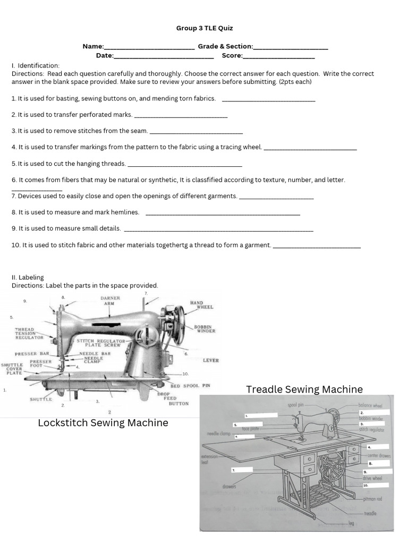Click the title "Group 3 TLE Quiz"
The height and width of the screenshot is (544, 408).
(205, 28)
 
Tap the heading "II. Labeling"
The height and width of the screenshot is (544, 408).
(28, 277)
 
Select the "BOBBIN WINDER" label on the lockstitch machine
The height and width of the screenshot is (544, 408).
(205, 329)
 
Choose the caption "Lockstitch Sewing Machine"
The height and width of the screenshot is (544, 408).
(103, 423)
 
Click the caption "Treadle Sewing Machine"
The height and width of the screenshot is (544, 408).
(304, 389)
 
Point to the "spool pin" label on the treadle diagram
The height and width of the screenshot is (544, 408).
(296, 405)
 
